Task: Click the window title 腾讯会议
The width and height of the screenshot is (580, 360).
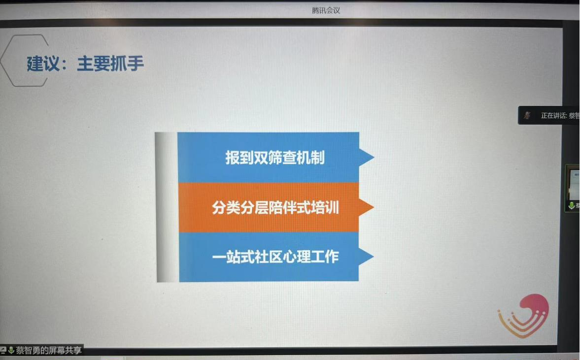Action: [326, 10]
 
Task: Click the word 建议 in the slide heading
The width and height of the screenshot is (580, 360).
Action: [43, 64]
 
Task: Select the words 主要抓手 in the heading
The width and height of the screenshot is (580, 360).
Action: [110, 64]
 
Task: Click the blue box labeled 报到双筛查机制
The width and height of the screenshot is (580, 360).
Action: [269, 158]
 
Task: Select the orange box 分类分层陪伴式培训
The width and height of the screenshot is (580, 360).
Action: [269, 207]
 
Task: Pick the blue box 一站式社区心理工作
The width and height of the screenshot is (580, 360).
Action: [269, 257]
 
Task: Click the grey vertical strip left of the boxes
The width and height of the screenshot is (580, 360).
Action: [167, 207]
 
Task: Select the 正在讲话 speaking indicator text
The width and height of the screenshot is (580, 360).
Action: [560, 116]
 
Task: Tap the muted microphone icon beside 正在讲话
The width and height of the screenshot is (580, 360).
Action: [527, 115]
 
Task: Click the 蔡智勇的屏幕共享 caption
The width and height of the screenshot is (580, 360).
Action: [48, 351]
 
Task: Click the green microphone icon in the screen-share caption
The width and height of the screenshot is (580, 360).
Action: [11, 351]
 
